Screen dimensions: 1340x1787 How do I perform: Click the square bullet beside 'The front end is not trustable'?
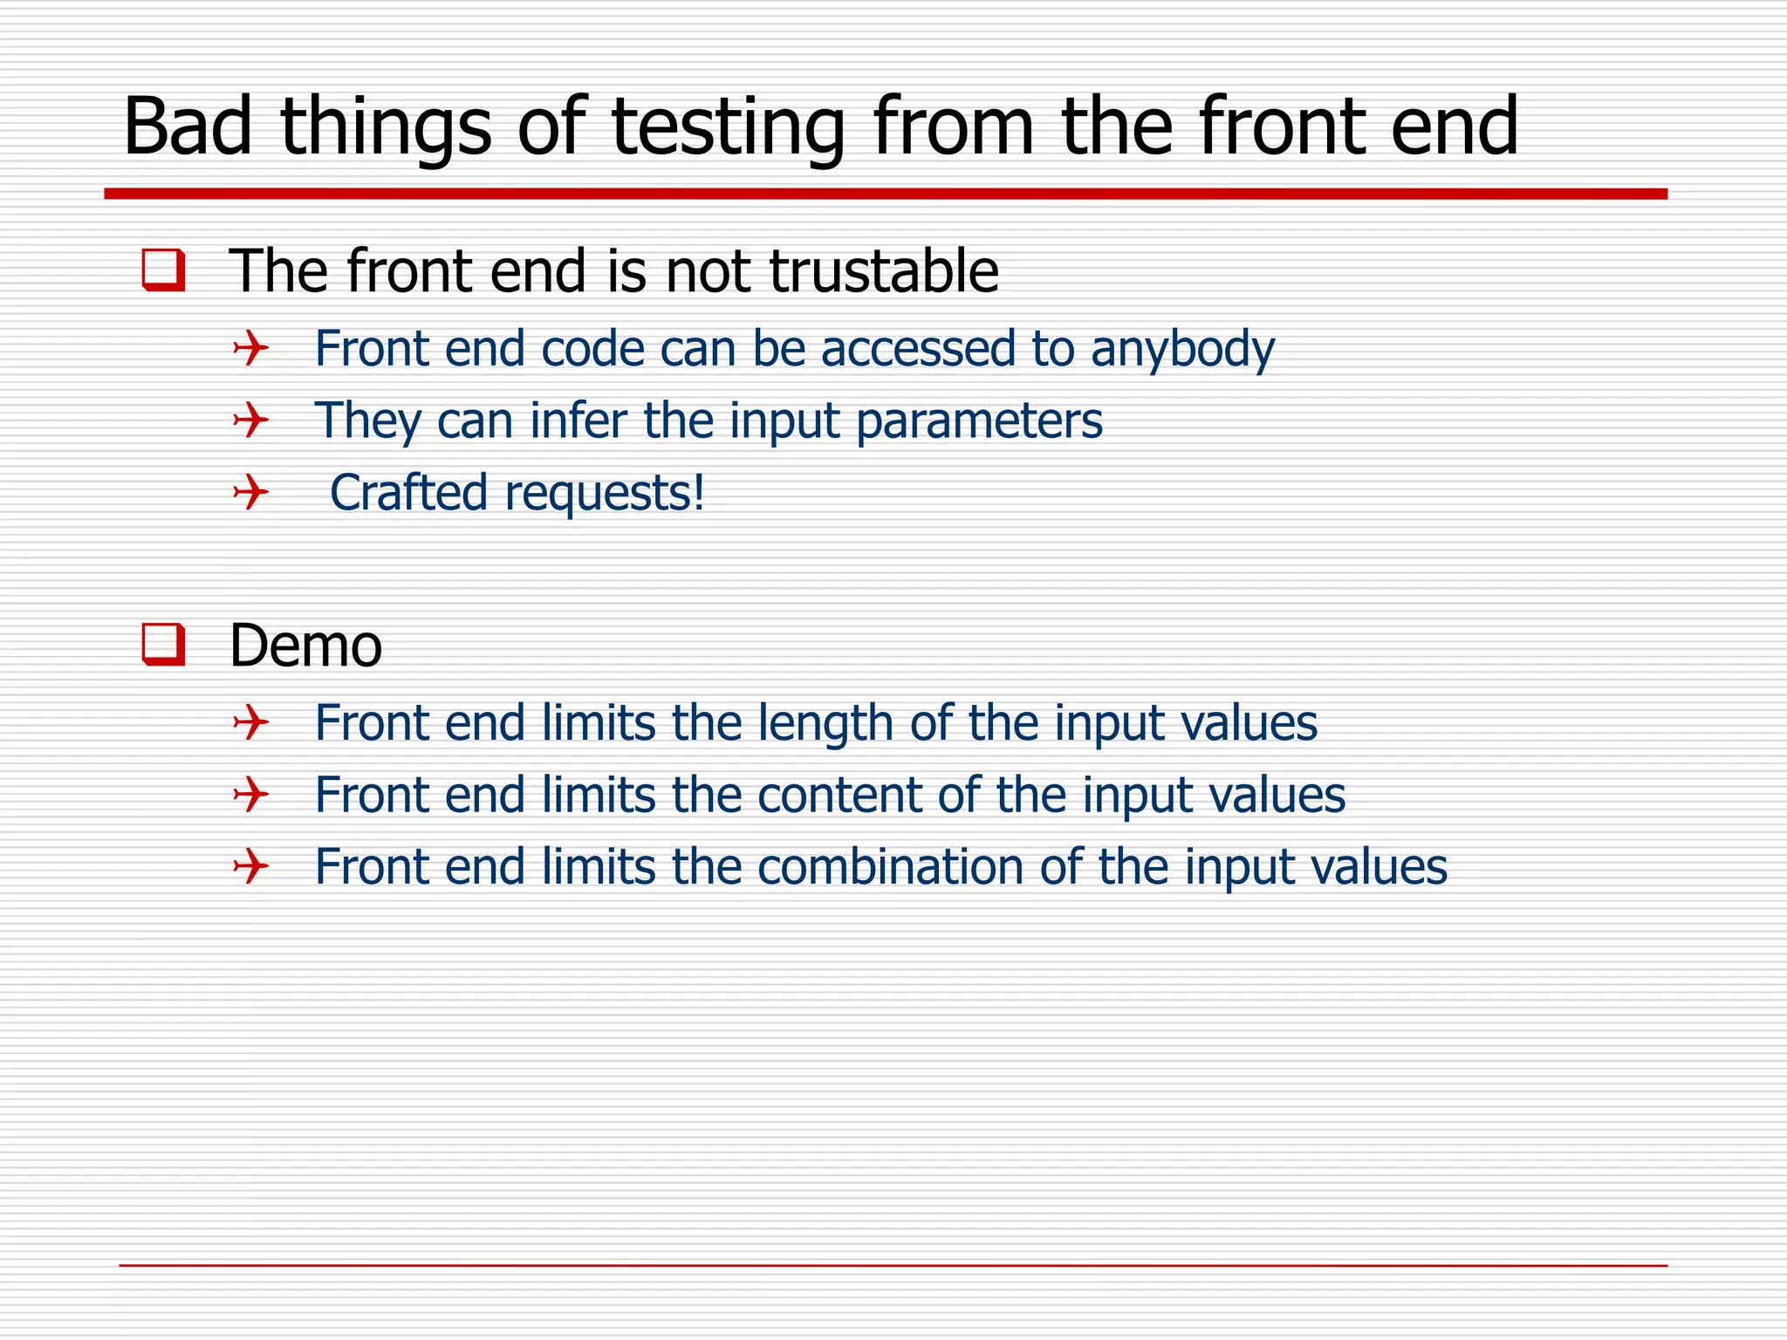(163, 270)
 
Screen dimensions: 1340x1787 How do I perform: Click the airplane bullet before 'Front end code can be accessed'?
(250, 349)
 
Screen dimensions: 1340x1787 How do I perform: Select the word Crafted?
(408, 493)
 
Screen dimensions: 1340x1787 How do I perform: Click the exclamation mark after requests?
(698, 492)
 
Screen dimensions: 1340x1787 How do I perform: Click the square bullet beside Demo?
(163, 645)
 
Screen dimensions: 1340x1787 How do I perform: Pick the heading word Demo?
(305, 646)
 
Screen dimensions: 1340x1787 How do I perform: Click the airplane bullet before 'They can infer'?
(250, 420)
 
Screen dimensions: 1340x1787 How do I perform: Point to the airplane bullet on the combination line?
(250, 867)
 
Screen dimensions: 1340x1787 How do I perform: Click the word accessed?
(918, 349)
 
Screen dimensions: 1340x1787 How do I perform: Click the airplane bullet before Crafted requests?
(250, 493)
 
